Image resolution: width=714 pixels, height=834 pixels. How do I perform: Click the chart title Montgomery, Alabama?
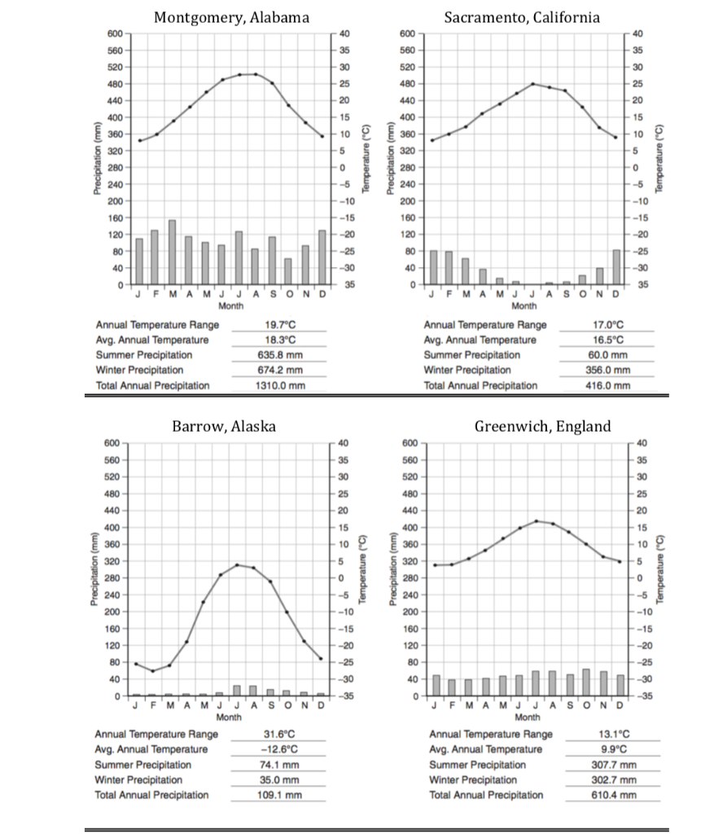pos(232,17)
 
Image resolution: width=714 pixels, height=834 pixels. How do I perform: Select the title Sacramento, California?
pos(533,17)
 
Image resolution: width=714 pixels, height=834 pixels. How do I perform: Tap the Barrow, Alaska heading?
pos(223,426)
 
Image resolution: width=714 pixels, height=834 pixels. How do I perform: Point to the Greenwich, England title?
pos(542,426)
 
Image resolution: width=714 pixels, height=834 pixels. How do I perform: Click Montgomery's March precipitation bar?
pos(172,252)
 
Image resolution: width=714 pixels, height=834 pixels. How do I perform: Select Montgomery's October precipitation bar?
pos(288,271)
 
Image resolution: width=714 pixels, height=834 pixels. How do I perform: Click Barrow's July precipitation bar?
pos(237,691)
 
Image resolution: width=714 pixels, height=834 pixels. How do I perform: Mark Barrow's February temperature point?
pos(152,671)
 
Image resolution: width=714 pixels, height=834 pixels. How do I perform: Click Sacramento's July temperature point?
pos(533,83)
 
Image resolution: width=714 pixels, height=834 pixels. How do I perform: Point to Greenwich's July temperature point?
pos(537,520)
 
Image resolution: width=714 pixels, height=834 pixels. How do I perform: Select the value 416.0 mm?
pos(607,385)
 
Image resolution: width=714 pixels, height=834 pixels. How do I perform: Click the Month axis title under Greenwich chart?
pos(527,718)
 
